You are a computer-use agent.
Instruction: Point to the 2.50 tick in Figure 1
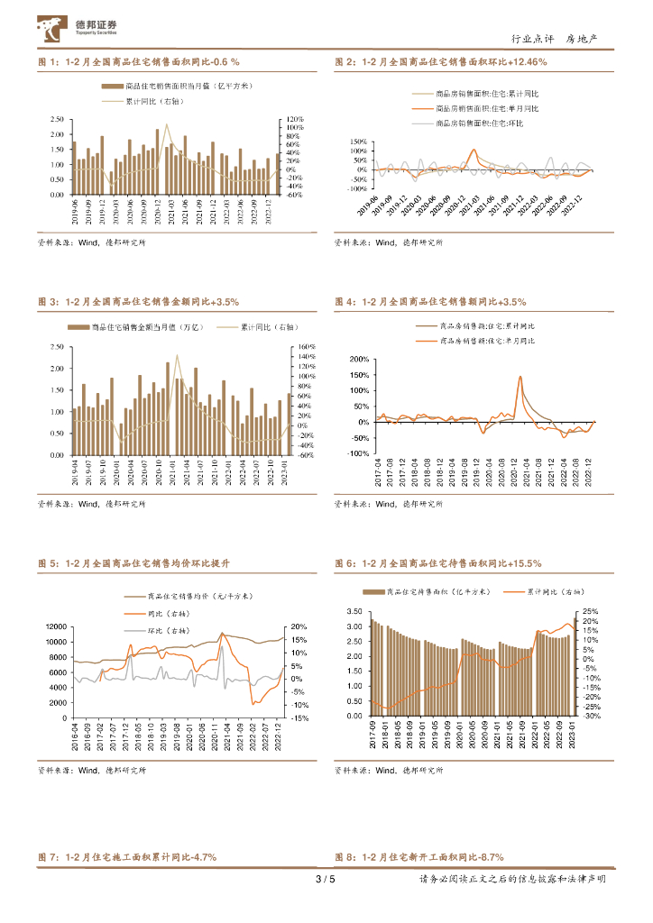[57, 119]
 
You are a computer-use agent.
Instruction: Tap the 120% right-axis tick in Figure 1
[294, 119]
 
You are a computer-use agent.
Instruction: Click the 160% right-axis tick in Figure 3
[304, 346]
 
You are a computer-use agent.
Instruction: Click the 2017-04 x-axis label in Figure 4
[380, 474]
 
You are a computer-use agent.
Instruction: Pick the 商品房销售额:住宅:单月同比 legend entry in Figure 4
[487, 341]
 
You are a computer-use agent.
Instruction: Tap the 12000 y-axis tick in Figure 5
[54, 626]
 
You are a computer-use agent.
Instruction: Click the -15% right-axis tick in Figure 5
[300, 718]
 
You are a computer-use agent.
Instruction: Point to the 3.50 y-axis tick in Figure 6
[354, 611]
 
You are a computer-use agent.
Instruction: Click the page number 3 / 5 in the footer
[325, 880]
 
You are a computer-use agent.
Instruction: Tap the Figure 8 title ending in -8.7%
[419, 856]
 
